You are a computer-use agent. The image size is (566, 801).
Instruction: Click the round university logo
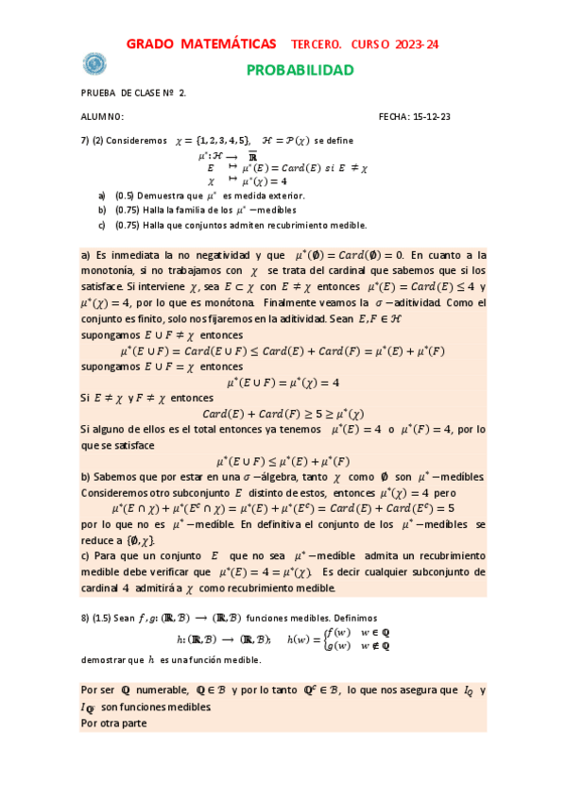[94, 63]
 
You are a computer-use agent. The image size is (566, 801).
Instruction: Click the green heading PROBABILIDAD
[300, 71]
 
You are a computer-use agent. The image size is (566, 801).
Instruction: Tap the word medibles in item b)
[276, 210]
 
